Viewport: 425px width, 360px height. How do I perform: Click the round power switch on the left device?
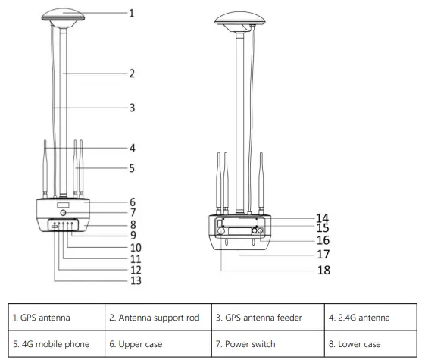[x=64, y=213]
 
